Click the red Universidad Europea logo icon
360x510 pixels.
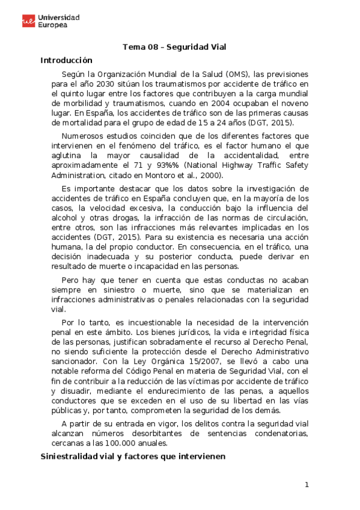pos(28,22)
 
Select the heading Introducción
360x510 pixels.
pos(66,60)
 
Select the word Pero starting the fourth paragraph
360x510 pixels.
pos(70,280)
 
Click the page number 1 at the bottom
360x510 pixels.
pos(307,485)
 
